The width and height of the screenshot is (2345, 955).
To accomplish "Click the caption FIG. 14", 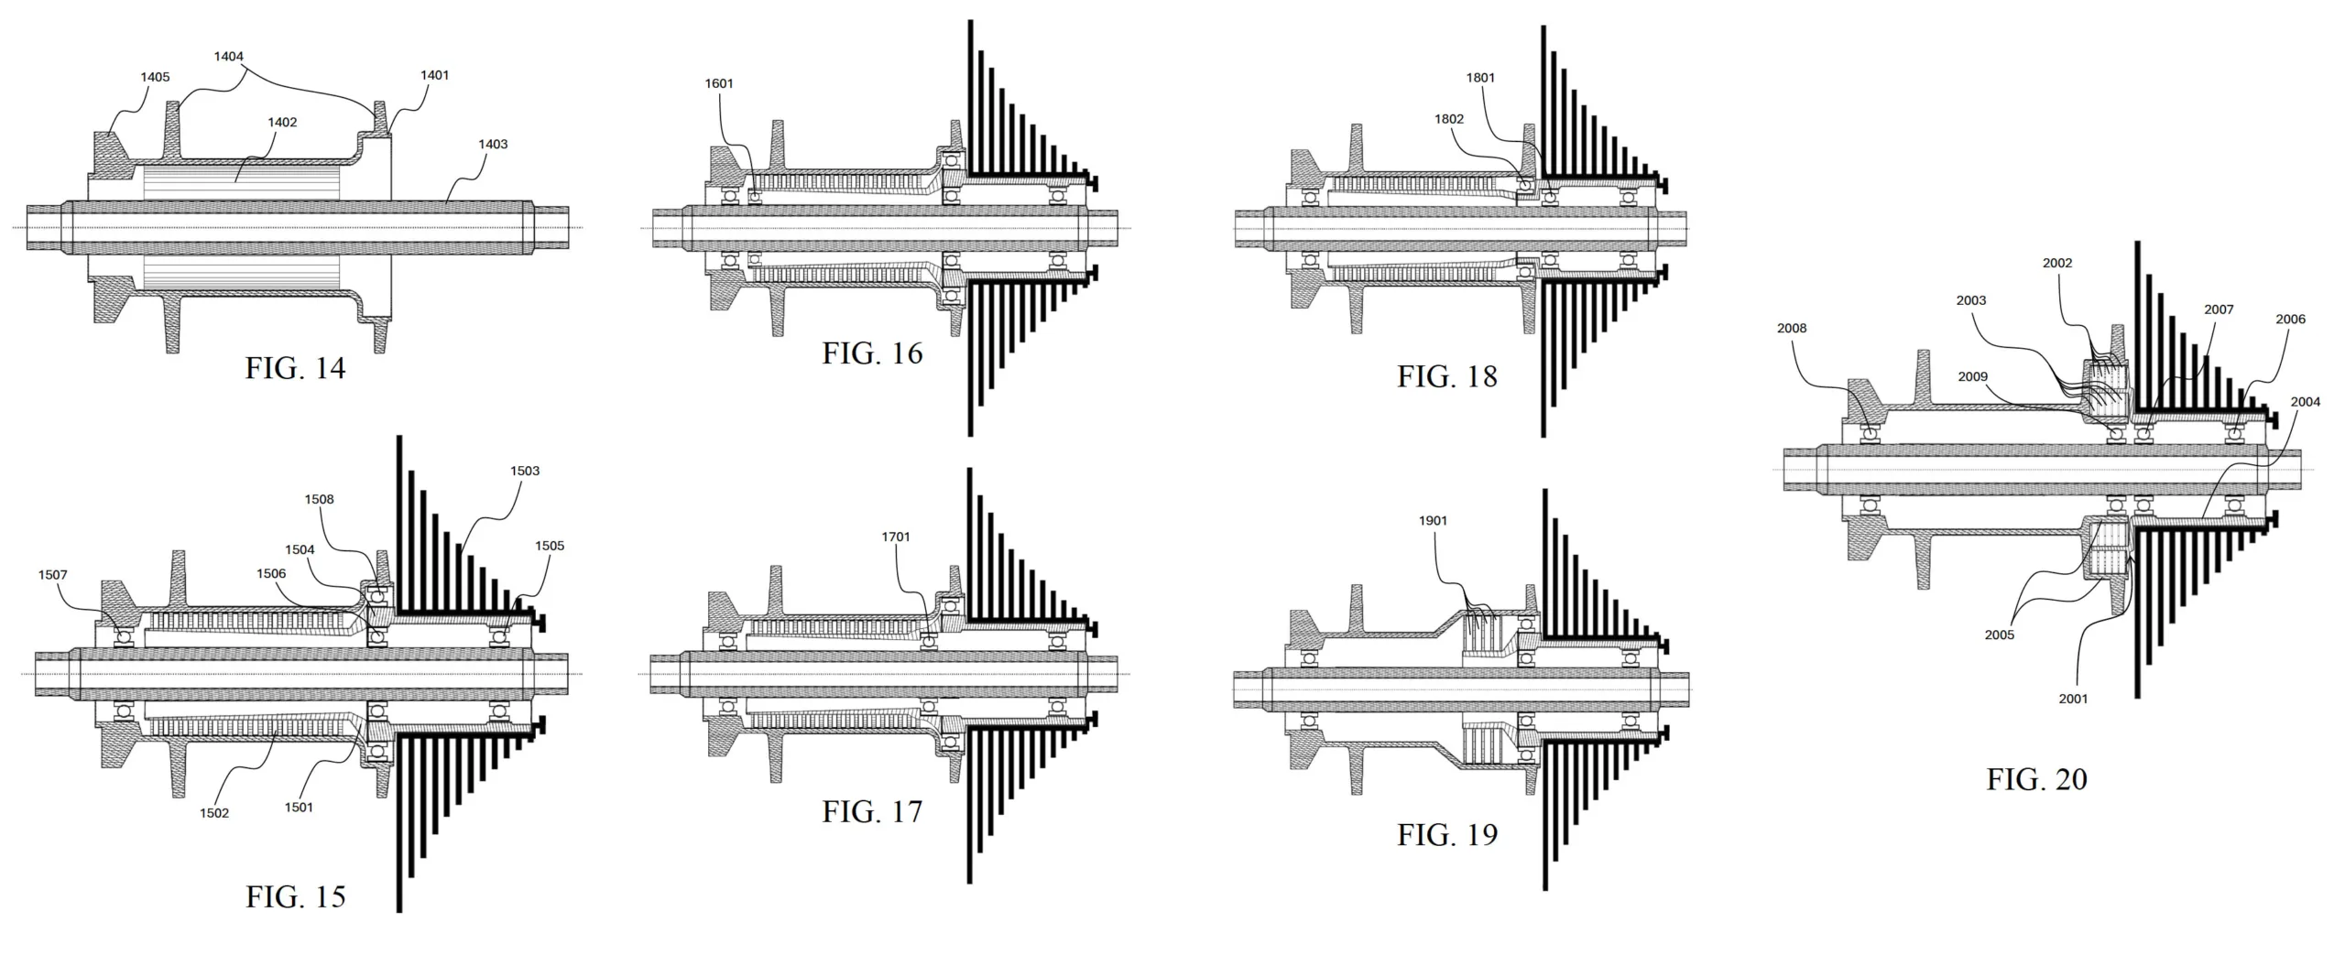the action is click(295, 368).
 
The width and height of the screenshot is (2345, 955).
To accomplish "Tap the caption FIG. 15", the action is click(295, 896).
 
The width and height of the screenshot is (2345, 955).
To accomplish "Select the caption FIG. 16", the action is click(872, 353).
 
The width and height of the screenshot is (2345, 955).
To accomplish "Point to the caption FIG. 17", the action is click(872, 811).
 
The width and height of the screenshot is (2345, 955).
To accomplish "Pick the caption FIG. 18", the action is click(1447, 376).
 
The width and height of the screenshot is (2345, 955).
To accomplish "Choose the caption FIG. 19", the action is click(1447, 835).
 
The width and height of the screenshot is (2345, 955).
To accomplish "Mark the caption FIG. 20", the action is click(2037, 779).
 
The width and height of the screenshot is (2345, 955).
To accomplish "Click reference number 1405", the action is click(155, 77).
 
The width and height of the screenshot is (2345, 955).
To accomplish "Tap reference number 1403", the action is click(493, 144).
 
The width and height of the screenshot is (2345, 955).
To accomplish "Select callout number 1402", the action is click(282, 122).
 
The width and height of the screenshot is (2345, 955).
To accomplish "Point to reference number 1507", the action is click(53, 575).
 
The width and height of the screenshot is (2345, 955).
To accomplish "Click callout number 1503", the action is click(525, 471).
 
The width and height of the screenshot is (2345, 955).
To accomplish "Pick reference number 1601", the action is click(719, 83).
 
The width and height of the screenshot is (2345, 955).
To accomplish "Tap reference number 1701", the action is click(896, 537).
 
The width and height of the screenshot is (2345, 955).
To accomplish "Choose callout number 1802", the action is click(1449, 119).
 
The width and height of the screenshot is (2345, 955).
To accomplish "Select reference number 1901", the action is click(1434, 520).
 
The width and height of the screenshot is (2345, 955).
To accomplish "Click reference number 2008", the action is click(1792, 328).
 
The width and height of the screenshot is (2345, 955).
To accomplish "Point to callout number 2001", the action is click(2074, 699).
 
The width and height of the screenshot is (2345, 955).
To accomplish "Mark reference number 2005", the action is click(2000, 635).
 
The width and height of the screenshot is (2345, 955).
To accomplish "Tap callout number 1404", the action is click(229, 56).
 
